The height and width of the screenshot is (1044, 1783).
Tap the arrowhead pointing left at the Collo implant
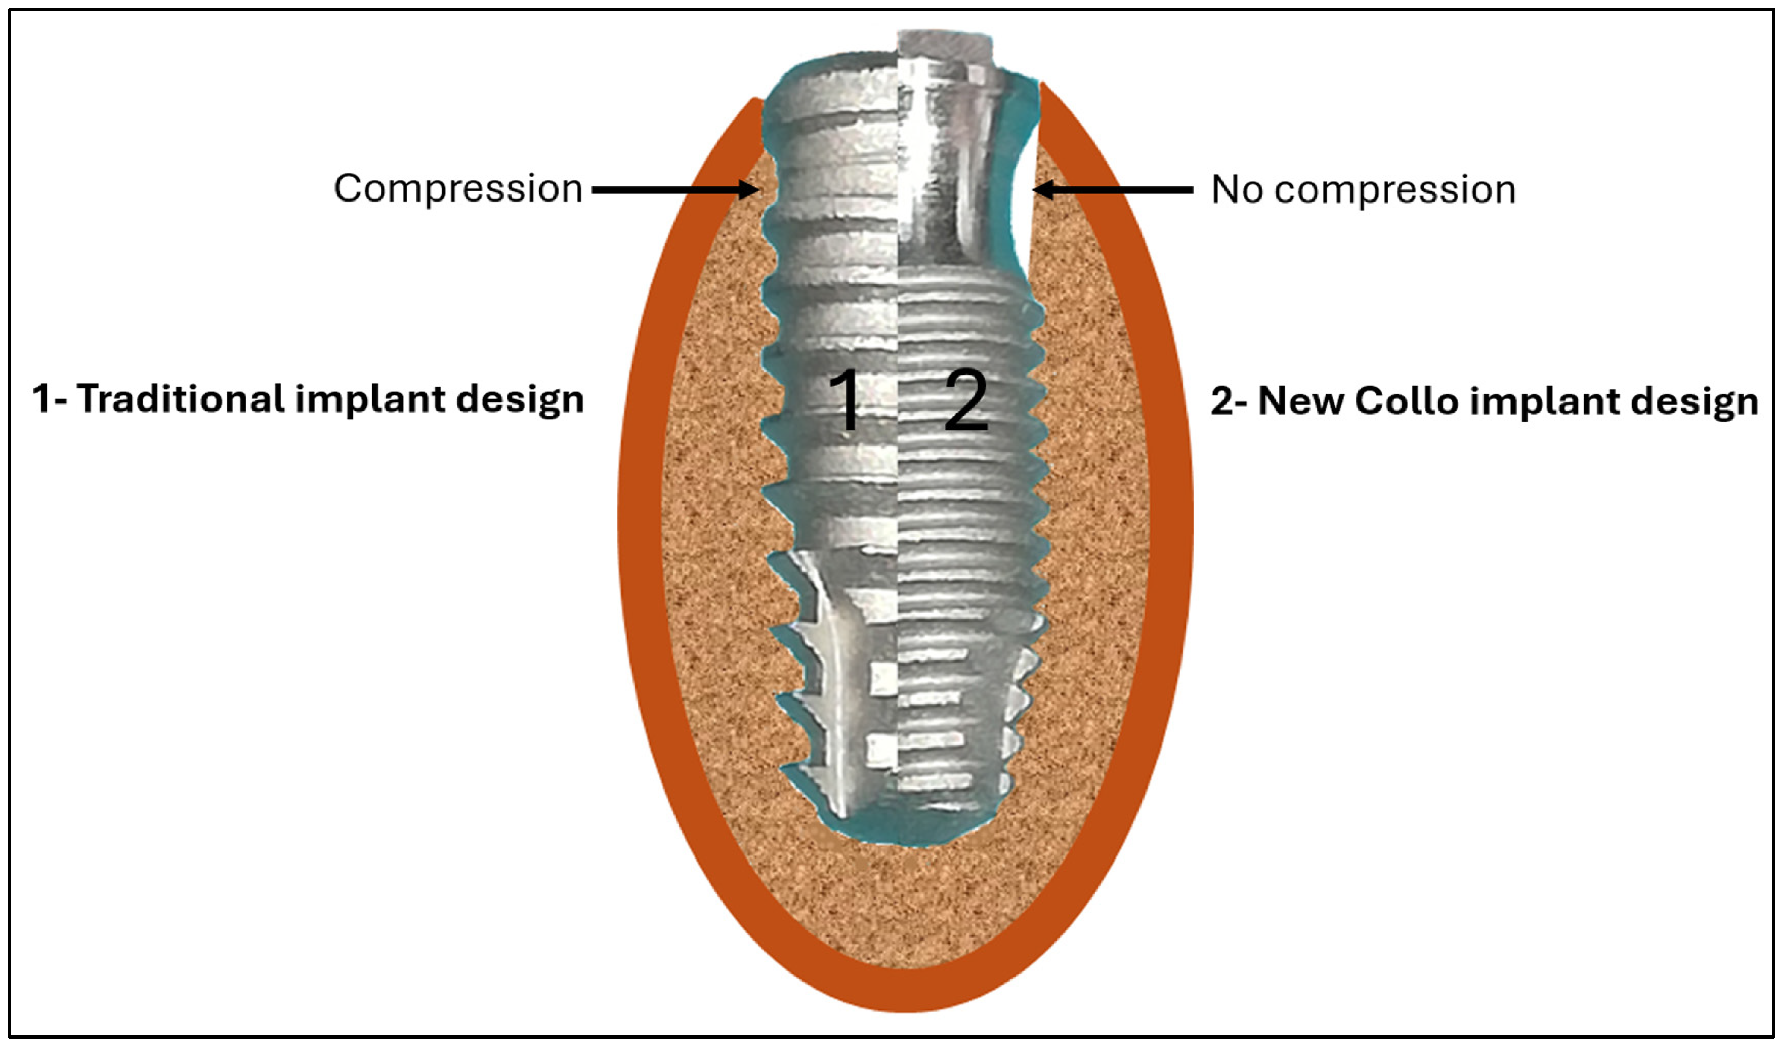click(x=1044, y=190)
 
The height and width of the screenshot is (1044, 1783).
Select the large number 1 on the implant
click(x=846, y=399)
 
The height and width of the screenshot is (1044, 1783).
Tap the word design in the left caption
click(x=520, y=400)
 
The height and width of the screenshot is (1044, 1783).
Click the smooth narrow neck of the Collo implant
click(x=948, y=184)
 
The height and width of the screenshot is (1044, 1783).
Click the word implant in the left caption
click(x=368, y=400)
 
